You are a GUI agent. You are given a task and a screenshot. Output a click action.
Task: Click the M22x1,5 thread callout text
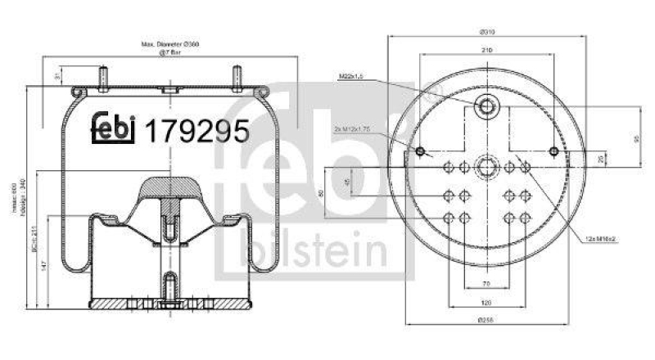pyautogui.click(x=351, y=78)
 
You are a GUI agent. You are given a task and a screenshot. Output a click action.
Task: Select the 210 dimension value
pyautogui.click(x=486, y=51)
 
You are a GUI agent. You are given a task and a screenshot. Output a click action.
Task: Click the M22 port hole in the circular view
pyautogui.click(x=486, y=106)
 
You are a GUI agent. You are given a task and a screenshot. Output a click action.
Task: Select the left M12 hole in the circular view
pyautogui.click(x=420, y=151)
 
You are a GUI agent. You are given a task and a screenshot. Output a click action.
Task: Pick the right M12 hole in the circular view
pyautogui.click(x=554, y=151)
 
